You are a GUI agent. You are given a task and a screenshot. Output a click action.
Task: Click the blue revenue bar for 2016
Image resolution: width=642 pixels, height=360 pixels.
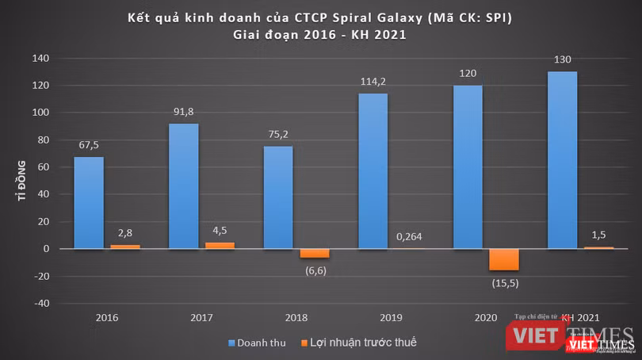88,202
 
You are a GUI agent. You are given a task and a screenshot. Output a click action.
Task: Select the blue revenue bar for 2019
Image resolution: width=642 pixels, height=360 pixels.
373,170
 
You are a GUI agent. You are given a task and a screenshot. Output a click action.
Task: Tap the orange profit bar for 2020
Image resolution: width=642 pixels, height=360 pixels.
504,259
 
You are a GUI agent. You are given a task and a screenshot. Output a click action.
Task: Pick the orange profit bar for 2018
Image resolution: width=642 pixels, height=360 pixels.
314,253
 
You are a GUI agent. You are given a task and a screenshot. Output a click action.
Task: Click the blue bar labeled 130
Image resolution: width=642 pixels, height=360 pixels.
562,159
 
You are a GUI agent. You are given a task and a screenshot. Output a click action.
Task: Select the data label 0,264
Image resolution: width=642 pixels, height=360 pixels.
408,235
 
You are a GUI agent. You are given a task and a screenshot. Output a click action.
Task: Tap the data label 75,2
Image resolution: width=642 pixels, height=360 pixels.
278,135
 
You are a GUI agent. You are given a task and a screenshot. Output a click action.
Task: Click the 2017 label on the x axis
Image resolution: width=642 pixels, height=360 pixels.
201,318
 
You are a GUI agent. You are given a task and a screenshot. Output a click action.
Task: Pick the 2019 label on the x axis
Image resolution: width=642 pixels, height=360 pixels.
391,318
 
